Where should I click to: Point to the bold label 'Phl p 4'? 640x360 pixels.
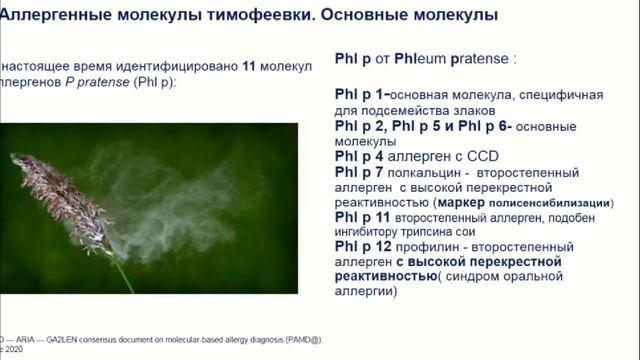tap(360, 157)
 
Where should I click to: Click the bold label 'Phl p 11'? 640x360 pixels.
tap(364, 216)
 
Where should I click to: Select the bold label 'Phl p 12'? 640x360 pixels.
tap(364, 246)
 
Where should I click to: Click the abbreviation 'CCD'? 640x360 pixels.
tap(480, 157)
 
